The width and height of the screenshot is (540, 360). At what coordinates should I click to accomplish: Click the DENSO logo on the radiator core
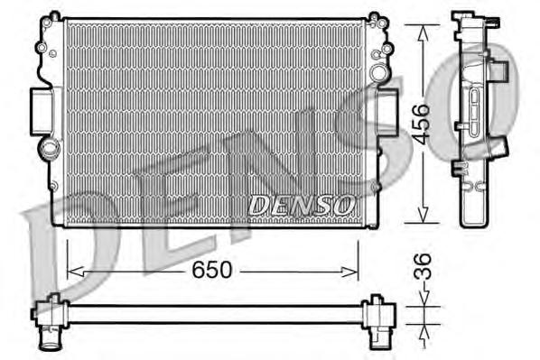301,206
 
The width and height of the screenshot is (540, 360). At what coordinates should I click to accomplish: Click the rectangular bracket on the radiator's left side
42,110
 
